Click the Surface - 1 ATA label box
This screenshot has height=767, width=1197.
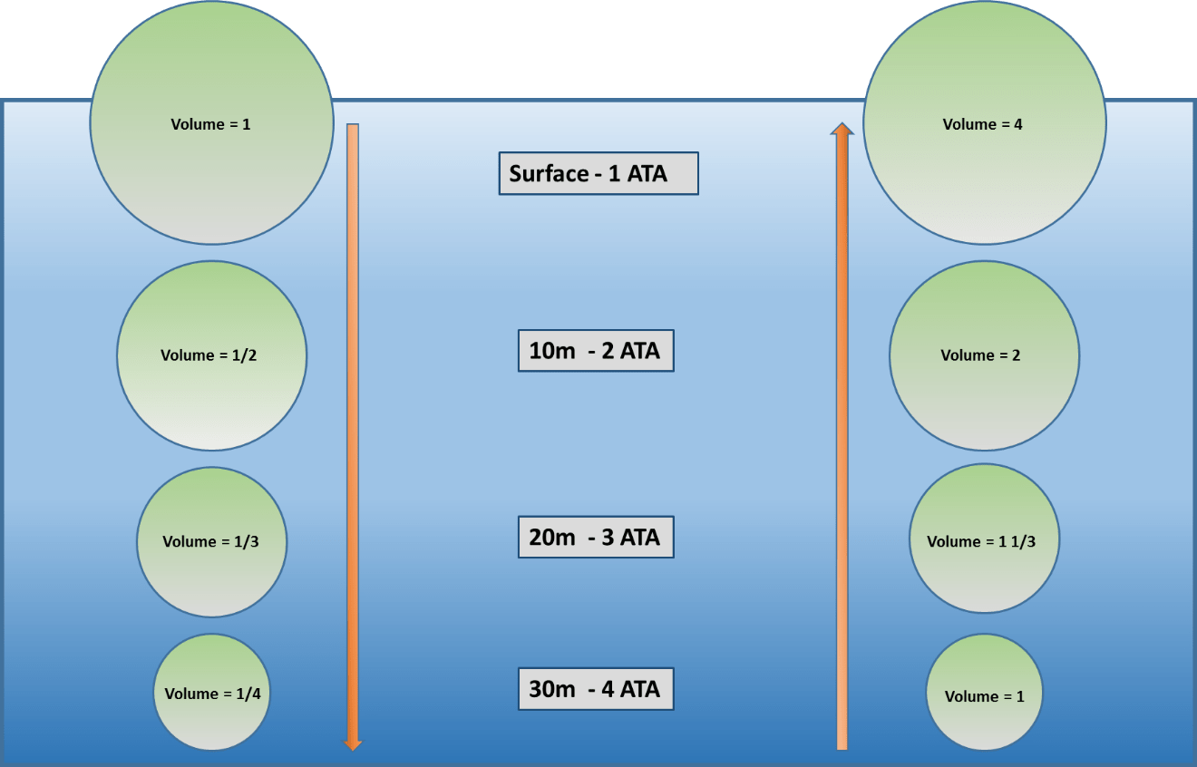[598, 173]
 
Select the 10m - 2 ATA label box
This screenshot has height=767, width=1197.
[596, 350]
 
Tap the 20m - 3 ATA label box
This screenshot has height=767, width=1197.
[596, 537]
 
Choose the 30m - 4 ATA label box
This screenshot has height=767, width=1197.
[596, 689]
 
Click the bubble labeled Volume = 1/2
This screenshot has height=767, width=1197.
[211, 355]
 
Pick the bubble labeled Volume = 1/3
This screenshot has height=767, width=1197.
[211, 542]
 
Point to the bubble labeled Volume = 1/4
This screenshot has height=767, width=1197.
[211, 693]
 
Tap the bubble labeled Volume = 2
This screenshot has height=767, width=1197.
[984, 355]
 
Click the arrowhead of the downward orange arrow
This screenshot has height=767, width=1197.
[353, 744]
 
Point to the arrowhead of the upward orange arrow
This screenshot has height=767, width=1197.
[842, 130]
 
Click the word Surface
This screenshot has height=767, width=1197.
[549, 173]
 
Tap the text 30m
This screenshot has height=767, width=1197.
[551, 689]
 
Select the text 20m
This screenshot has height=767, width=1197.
[551, 537]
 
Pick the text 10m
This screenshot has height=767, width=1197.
[551, 350]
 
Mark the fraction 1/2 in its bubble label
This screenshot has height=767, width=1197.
[245, 355]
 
